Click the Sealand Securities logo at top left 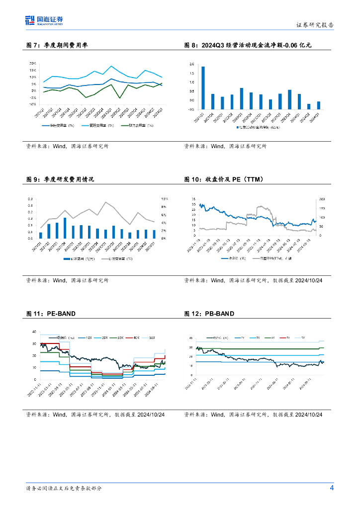click(x=44, y=20)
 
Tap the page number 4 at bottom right click(x=332, y=488)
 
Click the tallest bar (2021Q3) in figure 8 click(x=203, y=84)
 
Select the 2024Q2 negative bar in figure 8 click(x=308, y=105)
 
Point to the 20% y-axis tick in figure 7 click(x=32, y=64)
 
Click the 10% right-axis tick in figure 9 click(x=165, y=199)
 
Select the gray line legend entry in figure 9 click(x=117, y=259)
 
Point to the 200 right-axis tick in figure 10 click(x=322, y=199)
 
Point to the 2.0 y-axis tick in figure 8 click(x=191, y=65)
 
